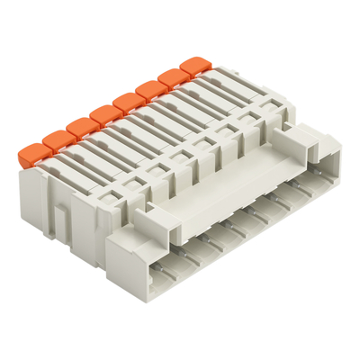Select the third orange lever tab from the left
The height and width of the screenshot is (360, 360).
[79, 124]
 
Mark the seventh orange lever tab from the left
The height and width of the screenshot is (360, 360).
[171, 78]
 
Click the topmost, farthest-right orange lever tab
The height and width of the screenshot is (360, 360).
[193, 67]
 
